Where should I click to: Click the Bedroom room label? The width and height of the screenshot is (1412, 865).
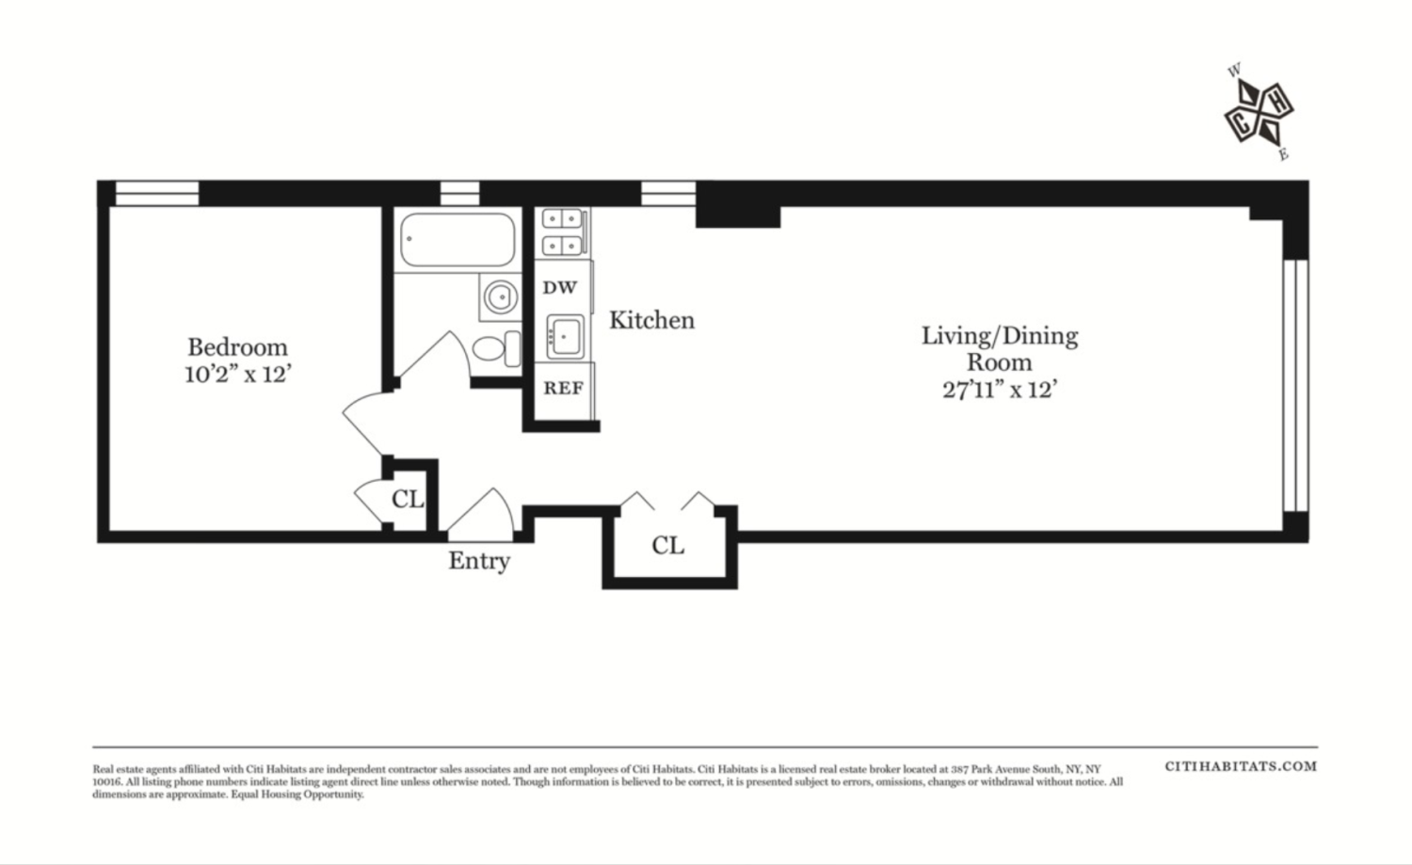[237, 347]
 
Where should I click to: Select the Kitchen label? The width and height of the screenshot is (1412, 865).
[651, 320]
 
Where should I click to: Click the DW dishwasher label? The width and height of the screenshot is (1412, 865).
[560, 288]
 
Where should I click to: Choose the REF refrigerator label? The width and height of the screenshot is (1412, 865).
[563, 388]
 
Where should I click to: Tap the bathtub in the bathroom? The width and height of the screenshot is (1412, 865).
[457, 240]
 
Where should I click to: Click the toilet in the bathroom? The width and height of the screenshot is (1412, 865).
[497, 348]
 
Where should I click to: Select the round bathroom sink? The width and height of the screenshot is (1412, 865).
[500, 297]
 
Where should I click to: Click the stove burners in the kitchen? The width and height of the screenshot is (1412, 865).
[563, 232]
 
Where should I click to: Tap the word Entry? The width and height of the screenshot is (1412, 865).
[479, 561]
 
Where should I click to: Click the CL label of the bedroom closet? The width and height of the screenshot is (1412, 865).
[408, 499]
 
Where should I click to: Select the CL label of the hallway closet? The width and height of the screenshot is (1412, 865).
[667, 546]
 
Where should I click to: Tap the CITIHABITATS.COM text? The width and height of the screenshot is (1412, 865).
[1241, 766]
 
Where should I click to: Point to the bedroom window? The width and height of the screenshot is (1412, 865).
[156, 193]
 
